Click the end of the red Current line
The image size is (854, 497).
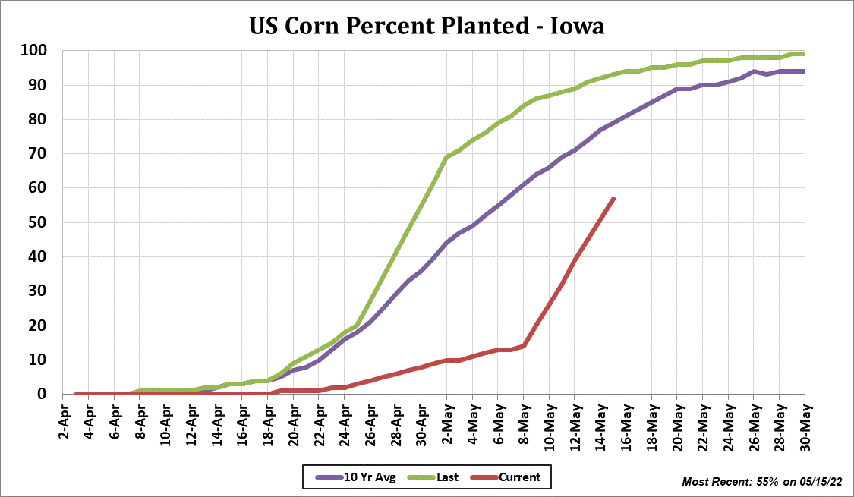pos(613,199)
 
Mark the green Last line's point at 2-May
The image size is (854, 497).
pos(446,157)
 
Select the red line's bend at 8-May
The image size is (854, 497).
pos(524,346)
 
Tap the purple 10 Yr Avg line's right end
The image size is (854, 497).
pos(804,71)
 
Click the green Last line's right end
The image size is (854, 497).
pos(804,54)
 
